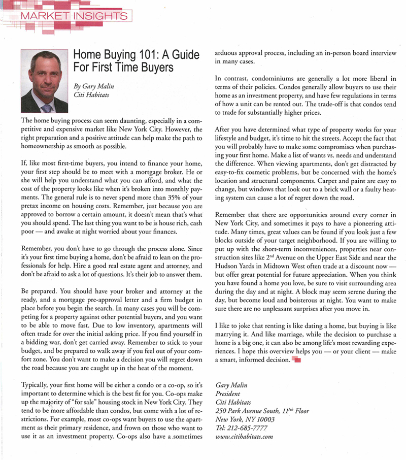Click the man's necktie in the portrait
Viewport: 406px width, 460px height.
pos(47,107)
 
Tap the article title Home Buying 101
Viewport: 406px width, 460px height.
pos(137,60)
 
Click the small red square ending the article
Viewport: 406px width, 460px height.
pos(297,360)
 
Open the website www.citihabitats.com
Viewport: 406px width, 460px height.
pos(245,436)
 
